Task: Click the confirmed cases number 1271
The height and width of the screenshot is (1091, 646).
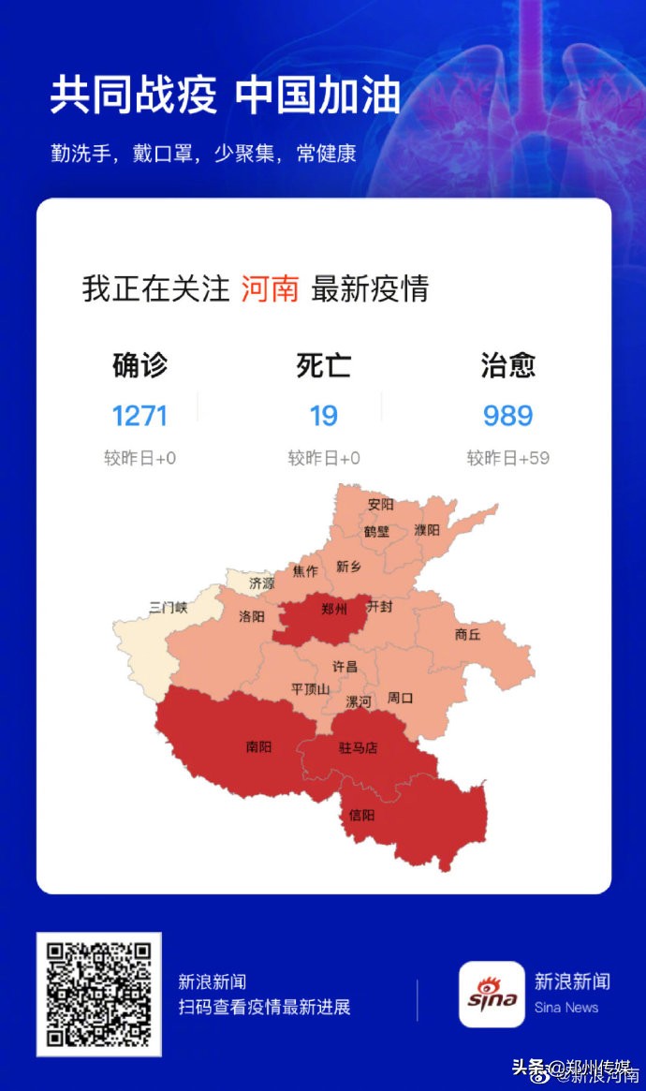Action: click(139, 415)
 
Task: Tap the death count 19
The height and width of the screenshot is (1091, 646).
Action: click(323, 415)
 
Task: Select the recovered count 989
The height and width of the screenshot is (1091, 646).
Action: click(507, 415)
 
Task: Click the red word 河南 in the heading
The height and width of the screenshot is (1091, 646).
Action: click(270, 288)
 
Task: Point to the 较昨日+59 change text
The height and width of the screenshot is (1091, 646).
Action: click(507, 458)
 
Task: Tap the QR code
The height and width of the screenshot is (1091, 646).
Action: click(98, 995)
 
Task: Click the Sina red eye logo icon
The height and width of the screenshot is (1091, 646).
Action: click(492, 995)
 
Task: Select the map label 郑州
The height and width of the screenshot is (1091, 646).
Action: click(333, 609)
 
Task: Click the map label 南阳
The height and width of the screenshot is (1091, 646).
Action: click(259, 746)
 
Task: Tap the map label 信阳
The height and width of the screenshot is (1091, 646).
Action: click(361, 815)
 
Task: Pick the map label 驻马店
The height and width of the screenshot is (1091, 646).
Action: click(358, 747)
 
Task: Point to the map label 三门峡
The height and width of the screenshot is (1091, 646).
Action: click(169, 608)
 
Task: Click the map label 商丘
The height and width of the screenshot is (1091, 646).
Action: click(467, 634)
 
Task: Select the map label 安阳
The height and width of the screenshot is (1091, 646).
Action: click(381, 504)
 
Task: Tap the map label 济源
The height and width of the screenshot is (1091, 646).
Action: click(262, 582)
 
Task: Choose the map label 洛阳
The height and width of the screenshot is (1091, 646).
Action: click(252, 616)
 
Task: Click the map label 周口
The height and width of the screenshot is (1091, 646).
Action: click(401, 698)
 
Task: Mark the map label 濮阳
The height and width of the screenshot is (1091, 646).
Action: click(426, 529)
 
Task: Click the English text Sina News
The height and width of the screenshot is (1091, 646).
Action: click(566, 1008)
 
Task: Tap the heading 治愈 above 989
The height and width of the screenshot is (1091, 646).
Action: click(507, 365)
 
